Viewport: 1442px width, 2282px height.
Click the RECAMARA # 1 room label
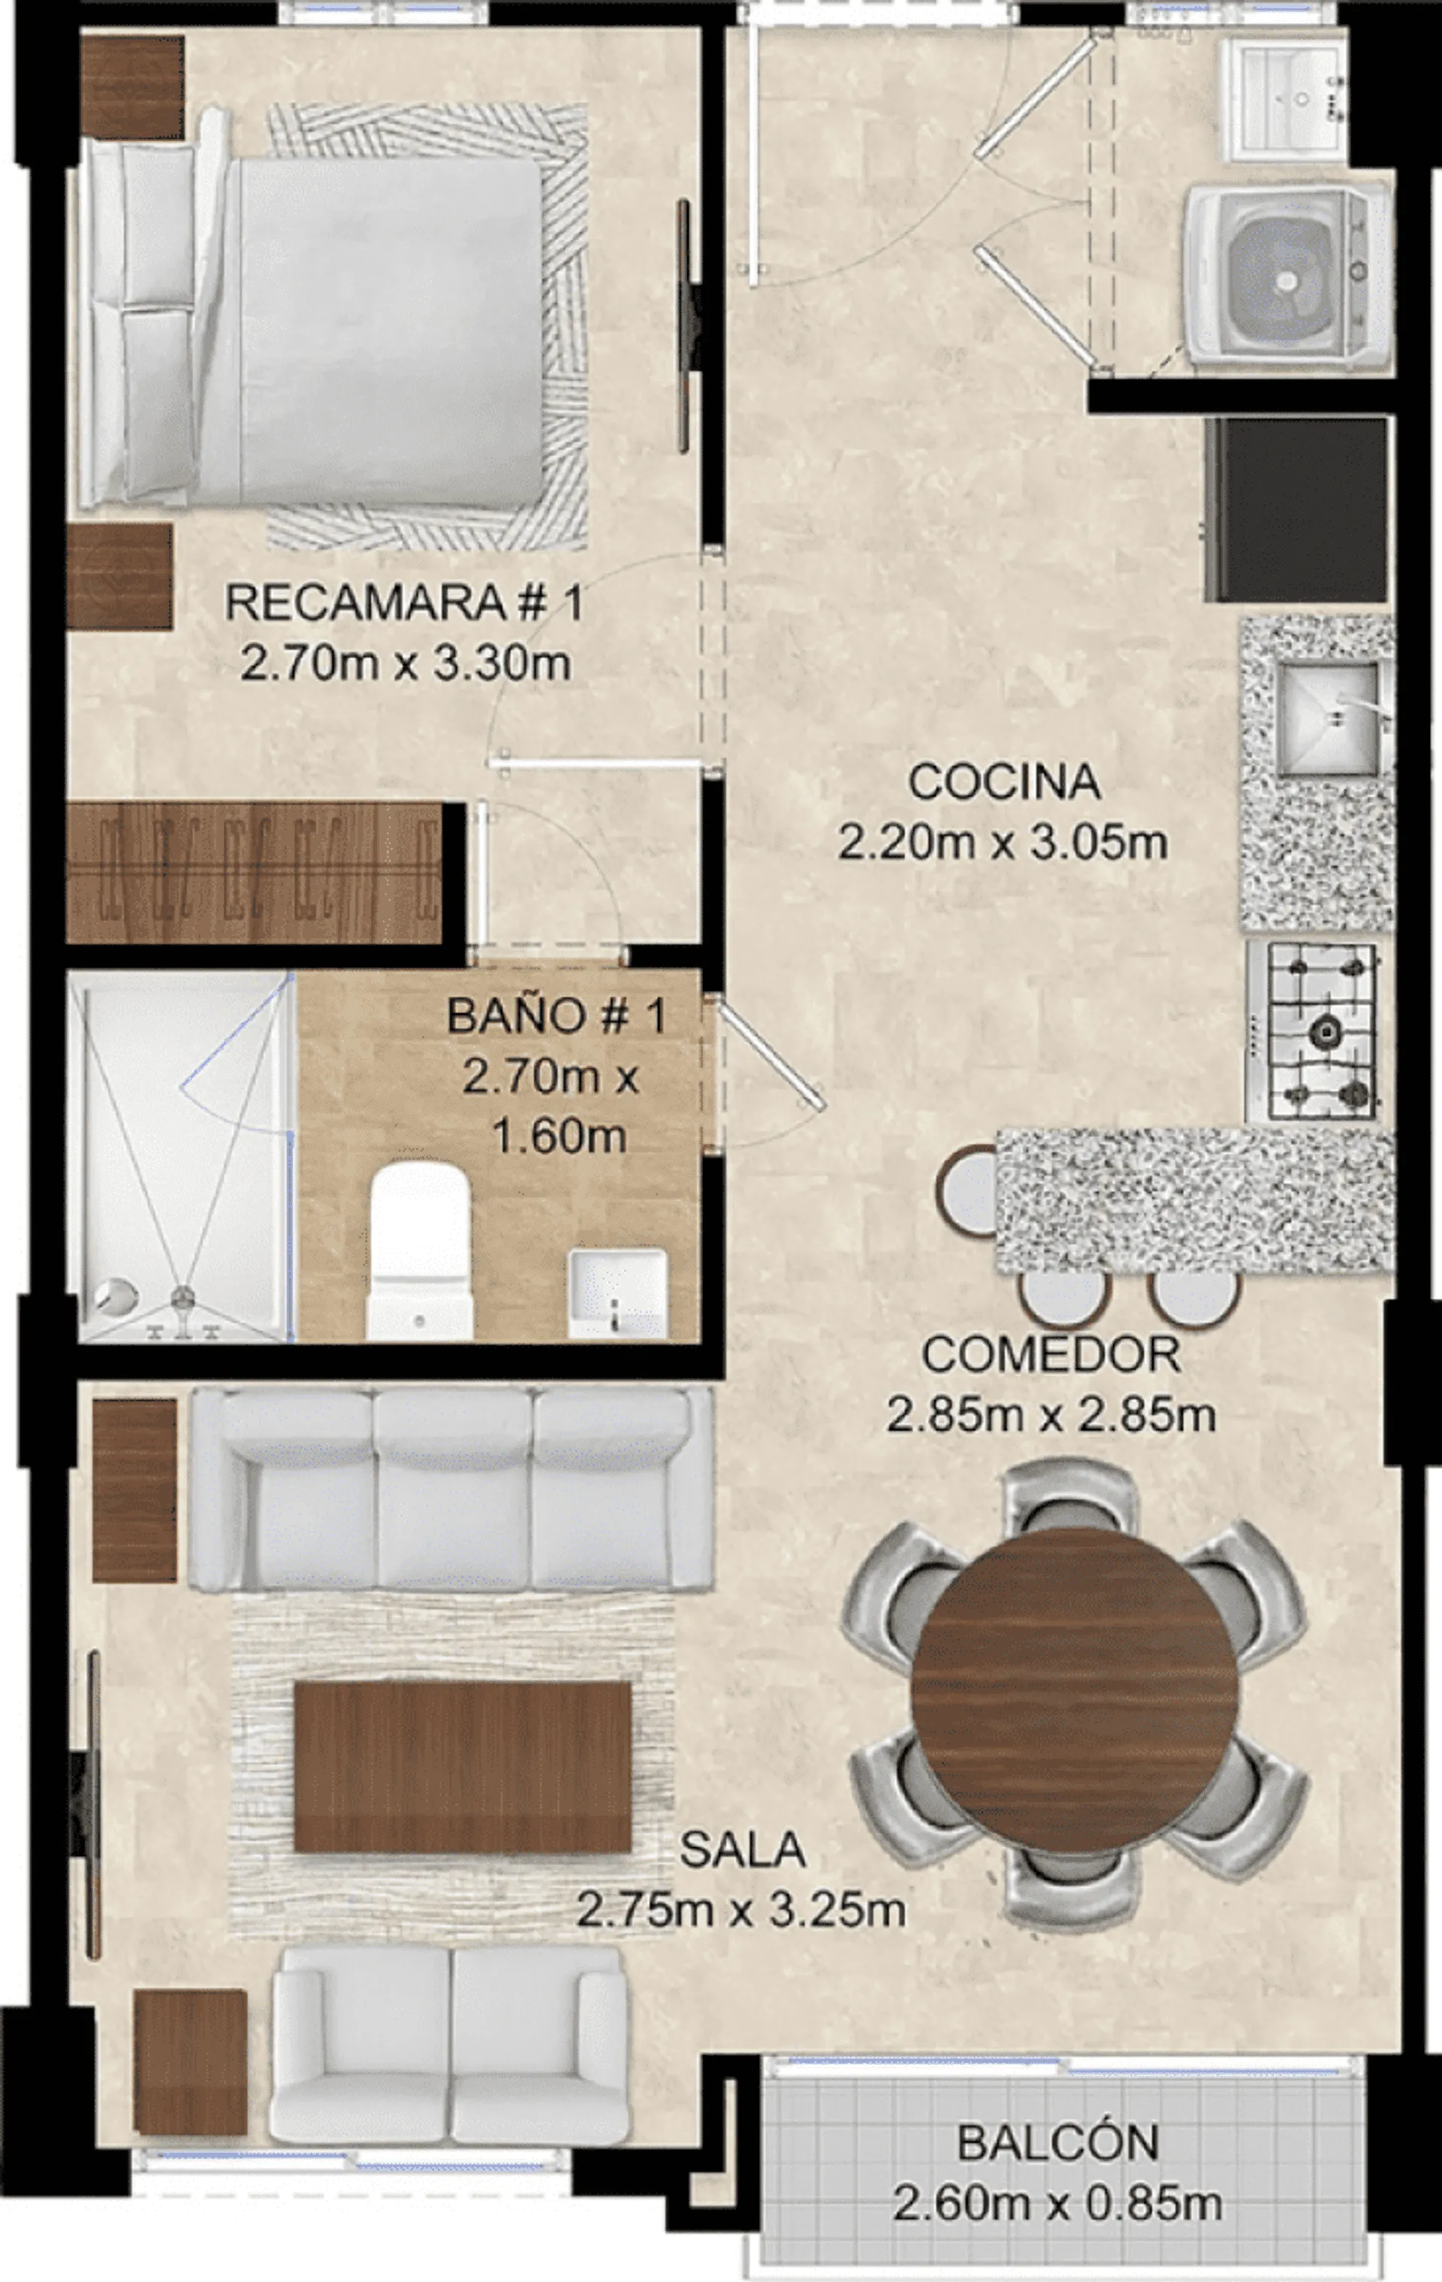(405, 602)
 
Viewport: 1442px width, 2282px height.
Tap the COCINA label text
(1004, 782)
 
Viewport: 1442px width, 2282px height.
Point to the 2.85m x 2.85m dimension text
(1051, 1415)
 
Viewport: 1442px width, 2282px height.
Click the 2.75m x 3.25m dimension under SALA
(741, 1909)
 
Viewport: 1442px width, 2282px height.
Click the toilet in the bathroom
(419, 1251)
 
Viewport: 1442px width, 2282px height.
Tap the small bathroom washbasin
(617, 1293)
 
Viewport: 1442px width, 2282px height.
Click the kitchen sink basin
(1327, 717)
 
